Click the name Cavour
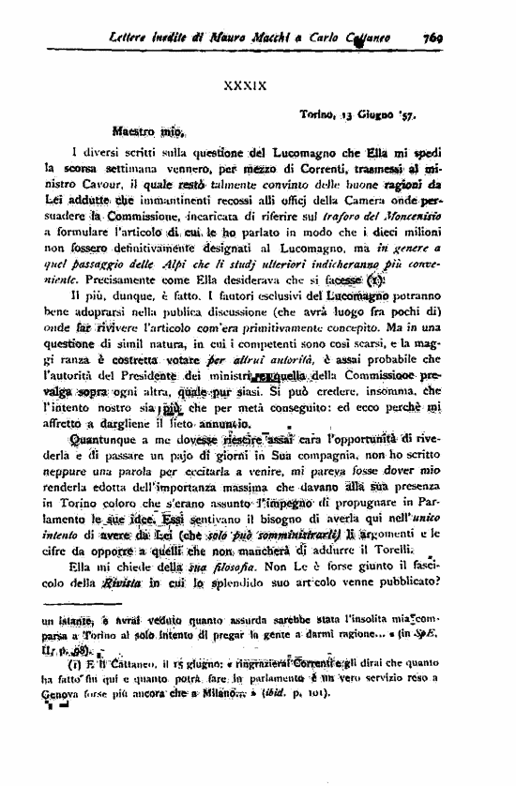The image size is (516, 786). (x=99, y=185)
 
